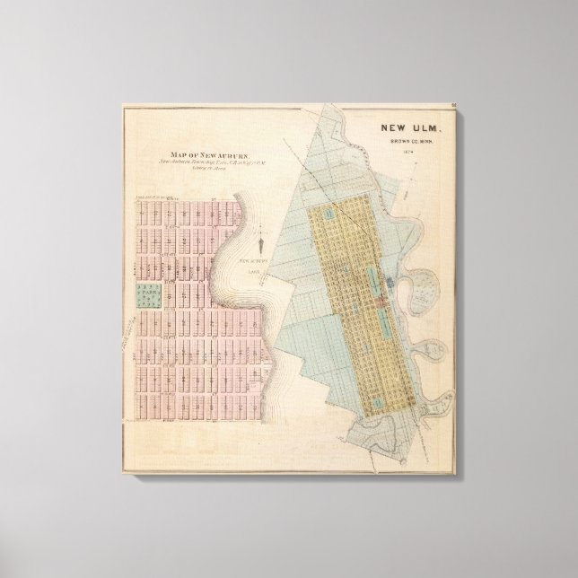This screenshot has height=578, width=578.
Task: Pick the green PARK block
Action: tap(144, 294)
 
